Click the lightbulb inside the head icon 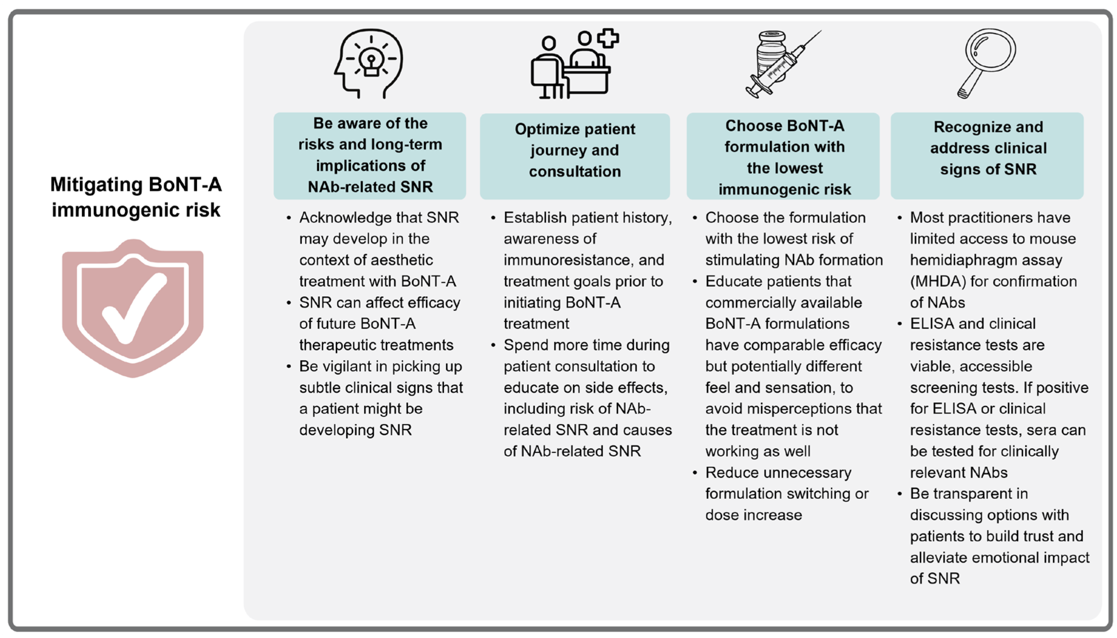coord(372,62)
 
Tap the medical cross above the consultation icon coord(608,38)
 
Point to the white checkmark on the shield coord(134,307)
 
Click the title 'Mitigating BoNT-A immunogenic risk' coord(136,197)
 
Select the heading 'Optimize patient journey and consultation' coord(575,150)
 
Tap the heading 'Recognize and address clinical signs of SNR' coord(988,148)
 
